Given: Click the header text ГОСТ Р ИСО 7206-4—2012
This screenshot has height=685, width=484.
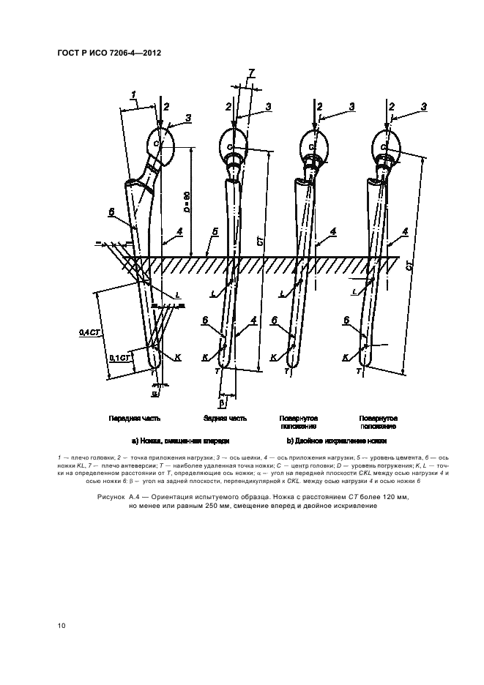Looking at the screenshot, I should (x=110, y=54).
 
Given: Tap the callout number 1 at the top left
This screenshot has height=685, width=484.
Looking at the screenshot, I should (x=133, y=93).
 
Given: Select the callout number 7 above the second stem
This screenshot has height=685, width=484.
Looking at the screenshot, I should (x=251, y=72).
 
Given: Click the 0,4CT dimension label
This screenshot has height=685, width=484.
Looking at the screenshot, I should (x=89, y=332).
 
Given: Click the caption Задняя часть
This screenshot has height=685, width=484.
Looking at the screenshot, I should (x=225, y=419).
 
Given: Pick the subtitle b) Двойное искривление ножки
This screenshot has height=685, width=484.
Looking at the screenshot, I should (x=336, y=441).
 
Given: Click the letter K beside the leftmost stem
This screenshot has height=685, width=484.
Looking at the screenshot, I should (x=178, y=356).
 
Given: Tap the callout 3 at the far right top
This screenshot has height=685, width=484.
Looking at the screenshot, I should (x=425, y=107).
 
